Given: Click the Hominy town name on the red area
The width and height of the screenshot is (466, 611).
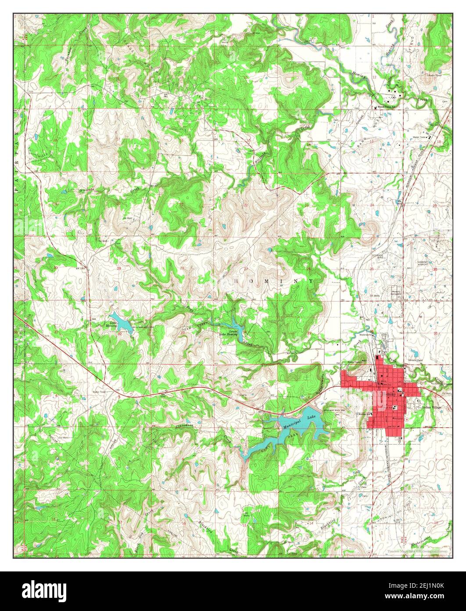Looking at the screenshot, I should coord(388,395).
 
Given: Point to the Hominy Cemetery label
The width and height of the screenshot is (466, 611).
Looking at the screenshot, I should coord(396,292).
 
